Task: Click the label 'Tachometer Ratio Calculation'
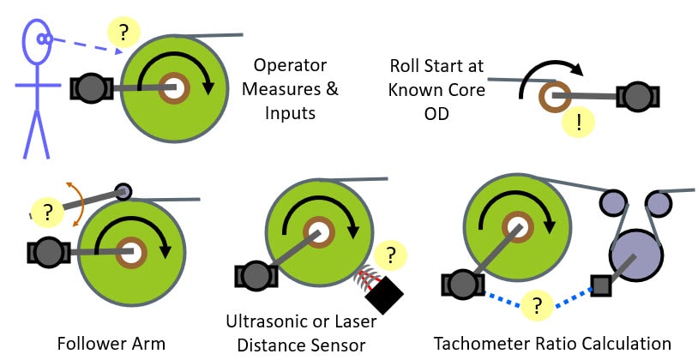[x=552, y=343]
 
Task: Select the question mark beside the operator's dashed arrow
[x=124, y=33]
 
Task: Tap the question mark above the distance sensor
[x=391, y=255]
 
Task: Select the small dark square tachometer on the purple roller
[x=600, y=282]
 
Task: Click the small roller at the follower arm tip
[x=123, y=191]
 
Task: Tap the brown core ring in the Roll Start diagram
[x=554, y=97]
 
